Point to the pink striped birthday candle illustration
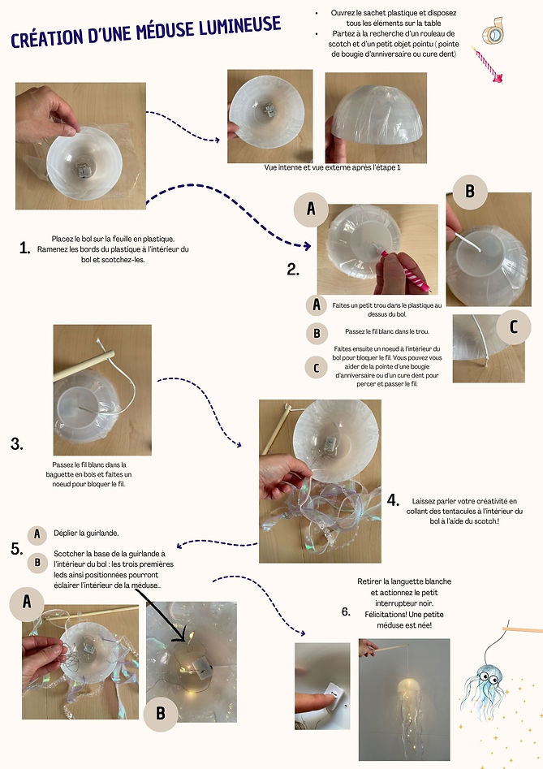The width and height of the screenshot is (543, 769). click(x=488, y=64)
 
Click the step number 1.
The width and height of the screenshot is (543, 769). click(x=24, y=248)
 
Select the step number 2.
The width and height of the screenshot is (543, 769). click(x=293, y=270)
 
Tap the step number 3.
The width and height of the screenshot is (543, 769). click(x=17, y=444)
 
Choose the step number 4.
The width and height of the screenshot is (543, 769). click(x=394, y=500)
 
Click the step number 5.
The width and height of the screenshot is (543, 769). click(x=16, y=549)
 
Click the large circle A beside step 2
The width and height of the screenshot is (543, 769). click(x=311, y=210)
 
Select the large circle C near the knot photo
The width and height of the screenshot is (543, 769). click(x=512, y=327)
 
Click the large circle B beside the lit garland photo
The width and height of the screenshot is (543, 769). click(x=160, y=713)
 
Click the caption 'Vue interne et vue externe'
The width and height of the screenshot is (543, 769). click(x=333, y=167)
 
